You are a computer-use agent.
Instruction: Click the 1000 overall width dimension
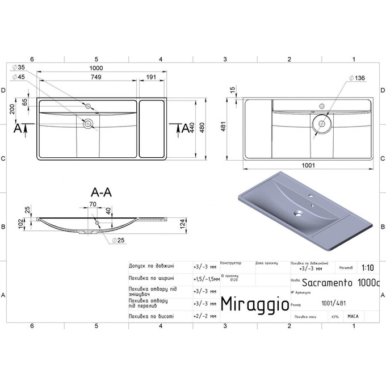point(102,68)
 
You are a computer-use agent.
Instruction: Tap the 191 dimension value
point(152,77)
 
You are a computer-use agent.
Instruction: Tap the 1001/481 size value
point(332,303)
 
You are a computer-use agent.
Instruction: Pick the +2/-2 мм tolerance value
point(205,316)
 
